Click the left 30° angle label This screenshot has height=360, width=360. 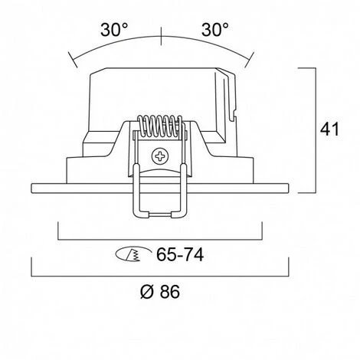(x=114, y=30)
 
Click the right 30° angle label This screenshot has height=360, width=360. (x=215, y=30)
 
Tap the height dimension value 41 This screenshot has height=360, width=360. (x=329, y=129)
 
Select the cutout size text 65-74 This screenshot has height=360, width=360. (x=180, y=254)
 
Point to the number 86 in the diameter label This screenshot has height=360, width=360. (x=170, y=291)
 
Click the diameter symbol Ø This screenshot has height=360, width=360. (x=147, y=291)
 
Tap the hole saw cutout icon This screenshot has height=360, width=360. (x=133, y=254)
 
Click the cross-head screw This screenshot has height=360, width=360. (x=160, y=156)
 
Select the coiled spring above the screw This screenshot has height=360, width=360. (x=160, y=126)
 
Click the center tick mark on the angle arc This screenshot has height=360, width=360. (x=161, y=36)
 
